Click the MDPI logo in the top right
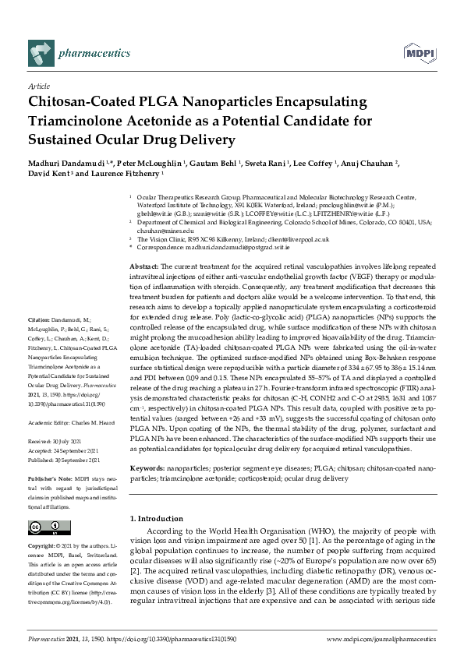pyautogui.click(x=420, y=53)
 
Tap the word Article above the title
pyautogui.click(x=39, y=86)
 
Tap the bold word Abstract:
pyautogui.click(x=146, y=267)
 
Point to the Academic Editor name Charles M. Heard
pyautogui.click(x=94, y=422)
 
